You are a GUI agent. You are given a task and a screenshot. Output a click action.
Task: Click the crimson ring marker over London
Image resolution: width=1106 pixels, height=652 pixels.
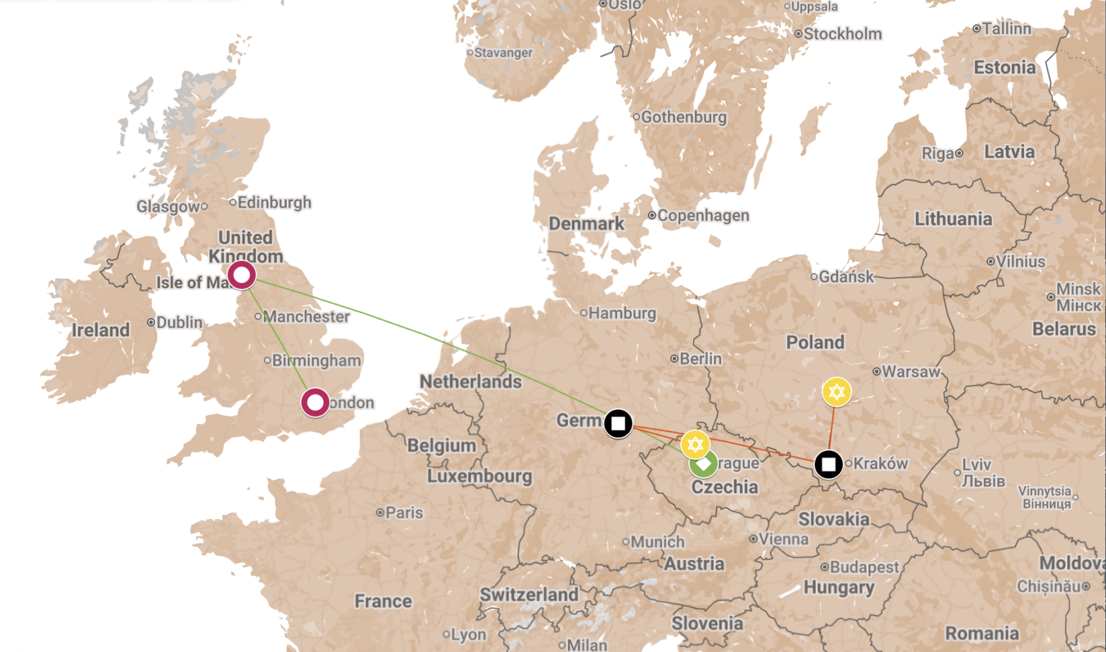pyautogui.click(x=315, y=403)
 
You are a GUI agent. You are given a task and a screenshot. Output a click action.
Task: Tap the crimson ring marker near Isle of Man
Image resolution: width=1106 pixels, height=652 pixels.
pyautogui.click(x=242, y=275)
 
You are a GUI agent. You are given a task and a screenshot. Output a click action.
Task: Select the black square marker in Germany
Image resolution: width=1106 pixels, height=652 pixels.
pyautogui.click(x=618, y=423)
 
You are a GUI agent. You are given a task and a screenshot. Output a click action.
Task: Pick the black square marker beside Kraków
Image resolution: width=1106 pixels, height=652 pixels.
pyautogui.click(x=829, y=464)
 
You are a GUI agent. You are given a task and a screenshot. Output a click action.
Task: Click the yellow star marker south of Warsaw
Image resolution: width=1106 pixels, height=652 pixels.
pyautogui.click(x=837, y=392)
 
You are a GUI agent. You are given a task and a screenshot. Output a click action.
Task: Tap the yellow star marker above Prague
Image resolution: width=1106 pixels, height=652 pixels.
pyautogui.click(x=695, y=444)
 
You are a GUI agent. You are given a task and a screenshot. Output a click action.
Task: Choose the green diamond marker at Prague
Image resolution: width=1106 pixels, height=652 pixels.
pyautogui.click(x=704, y=464)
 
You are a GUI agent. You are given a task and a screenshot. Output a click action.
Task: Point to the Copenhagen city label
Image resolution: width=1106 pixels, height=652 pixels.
pyautogui.click(x=703, y=215)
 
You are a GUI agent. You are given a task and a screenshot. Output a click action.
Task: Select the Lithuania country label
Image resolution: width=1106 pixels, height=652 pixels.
pyautogui.click(x=953, y=219)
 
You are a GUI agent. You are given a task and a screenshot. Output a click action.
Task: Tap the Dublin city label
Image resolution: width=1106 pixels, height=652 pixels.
pyautogui.click(x=179, y=322)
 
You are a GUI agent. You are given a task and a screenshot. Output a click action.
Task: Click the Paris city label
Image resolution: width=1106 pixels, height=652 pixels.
pyautogui.click(x=404, y=513)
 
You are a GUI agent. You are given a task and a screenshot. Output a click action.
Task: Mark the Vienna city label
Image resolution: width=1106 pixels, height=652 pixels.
pyautogui.click(x=784, y=539)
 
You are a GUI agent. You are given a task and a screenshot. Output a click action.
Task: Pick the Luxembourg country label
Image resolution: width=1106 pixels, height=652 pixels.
pyautogui.click(x=479, y=476)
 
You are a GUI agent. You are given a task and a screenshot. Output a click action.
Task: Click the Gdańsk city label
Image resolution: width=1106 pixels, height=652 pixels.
pyautogui.click(x=846, y=276)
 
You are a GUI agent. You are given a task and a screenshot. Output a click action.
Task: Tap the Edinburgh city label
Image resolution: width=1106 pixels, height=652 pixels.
pyautogui.click(x=274, y=202)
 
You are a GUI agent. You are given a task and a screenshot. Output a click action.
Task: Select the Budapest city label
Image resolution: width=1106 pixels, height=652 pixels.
pyautogui.click(x=864, y=567)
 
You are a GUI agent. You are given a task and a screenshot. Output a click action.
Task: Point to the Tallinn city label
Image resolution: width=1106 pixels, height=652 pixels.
pyautogui.click(x=1006, y=28)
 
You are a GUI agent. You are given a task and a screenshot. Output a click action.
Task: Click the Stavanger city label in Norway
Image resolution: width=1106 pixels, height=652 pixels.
pyautogui.click(x=503, y=52)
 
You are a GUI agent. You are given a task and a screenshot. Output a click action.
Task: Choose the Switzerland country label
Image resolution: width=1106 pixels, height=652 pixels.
pyautogui.click(x=528, y=595)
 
